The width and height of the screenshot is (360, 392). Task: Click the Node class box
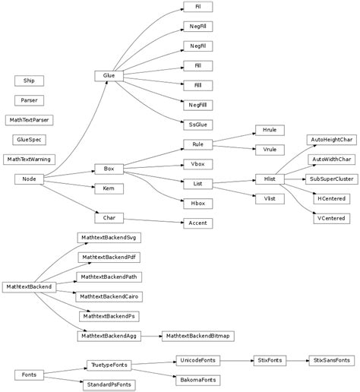(29, 179)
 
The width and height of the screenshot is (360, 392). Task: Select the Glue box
(109, 76)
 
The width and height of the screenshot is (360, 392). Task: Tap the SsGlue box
(197, 122)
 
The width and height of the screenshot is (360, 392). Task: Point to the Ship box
(29, 80)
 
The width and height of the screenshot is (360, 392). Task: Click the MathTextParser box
(29, 119)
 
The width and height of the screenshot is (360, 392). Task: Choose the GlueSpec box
(29, 139)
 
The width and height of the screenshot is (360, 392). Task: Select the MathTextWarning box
(29, 159)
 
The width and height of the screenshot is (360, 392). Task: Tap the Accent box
(197, 223)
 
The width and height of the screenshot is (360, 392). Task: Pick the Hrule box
(269, 131)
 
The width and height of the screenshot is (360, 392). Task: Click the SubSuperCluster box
(330, 179)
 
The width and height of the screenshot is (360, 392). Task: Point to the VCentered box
(330, 218)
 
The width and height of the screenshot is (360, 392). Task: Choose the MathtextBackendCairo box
(109, 296)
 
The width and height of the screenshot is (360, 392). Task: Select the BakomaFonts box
(197, 378)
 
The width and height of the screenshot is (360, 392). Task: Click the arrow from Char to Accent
(152, 221)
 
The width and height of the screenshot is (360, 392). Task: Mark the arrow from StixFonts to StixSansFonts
(295, 359)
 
